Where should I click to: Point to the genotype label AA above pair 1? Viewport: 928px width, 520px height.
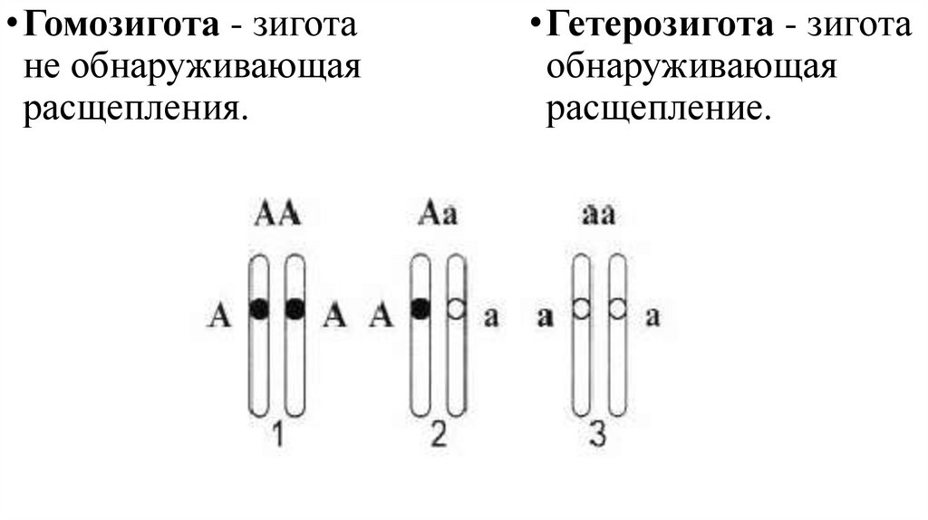pyautogui.click(x=278, y=216)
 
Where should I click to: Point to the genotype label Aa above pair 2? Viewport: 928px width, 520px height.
pyautogui.click(x=438, y=216)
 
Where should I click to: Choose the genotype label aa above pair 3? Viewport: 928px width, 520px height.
pyautogui.click(x=598, y=216)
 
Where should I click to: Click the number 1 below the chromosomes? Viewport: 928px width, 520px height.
pyautogui.click(x=278, y=436)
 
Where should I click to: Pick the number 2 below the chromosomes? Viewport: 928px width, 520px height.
pyautogui.click(x=438, y=436)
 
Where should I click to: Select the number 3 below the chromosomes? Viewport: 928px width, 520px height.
pyautogui.click(x=597, y=436)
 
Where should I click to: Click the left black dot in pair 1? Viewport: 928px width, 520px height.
pyautogui.click(x=260, y=309)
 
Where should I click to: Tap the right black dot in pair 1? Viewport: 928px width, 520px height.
pyautogui.click(x=295, y=309)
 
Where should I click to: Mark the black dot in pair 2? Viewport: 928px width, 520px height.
pyautogui.click(x=420, y=309)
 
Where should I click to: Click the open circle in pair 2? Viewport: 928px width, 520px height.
pyautogui.click(x=456, y=309)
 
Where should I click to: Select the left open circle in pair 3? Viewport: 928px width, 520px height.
pyautogui.click(x=581, y=309)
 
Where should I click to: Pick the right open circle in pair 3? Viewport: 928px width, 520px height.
pyautogui.click(x=617, y=309)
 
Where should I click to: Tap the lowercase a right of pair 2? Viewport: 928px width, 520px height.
pyautogui.click(x=491, y=316)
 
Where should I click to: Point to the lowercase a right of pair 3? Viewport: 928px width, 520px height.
pyautogui.click(x=652, y=316)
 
